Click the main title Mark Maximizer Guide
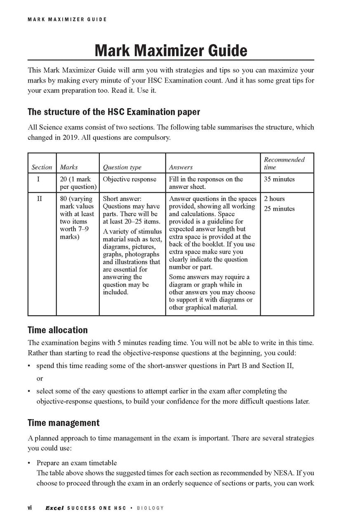pos(171,51)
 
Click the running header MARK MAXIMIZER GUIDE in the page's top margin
pos(67,19)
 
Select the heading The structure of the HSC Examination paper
pos(114,112)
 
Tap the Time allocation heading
pos(57,330)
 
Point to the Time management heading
pos(63,423)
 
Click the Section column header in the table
pos(42,167)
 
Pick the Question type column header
pos(122,167)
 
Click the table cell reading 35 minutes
pos(279,179)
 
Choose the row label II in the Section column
pos(40,199)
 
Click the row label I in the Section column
pos(40,179)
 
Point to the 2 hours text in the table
pos(274,199)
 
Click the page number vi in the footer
pos(30,508)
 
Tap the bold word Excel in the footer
pos(54,508)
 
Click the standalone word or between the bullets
pos(40,378)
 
